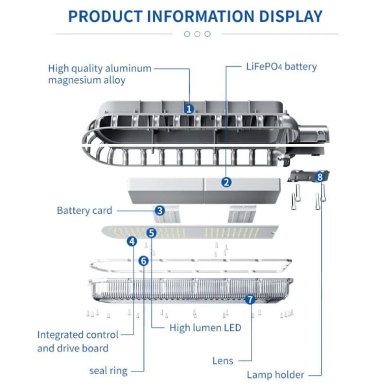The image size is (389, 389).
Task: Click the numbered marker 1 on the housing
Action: [189, 109]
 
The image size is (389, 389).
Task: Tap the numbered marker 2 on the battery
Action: [226, 182]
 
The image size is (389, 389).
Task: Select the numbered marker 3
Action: [159, 210]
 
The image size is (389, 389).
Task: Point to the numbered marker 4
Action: [132, 241]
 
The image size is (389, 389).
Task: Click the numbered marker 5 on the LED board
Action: [151, 232]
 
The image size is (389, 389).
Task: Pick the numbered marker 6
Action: [143, 261]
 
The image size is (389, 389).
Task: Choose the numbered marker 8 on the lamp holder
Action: [320, 176]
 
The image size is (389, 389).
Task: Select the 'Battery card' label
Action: [84, 211]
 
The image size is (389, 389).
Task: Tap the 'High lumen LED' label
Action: [205, 328]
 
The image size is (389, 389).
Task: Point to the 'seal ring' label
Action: [108, 371]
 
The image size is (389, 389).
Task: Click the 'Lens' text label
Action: [223, 360]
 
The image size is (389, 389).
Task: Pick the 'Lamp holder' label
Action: [275, 375]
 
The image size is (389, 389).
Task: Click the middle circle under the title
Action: [197, 34]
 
